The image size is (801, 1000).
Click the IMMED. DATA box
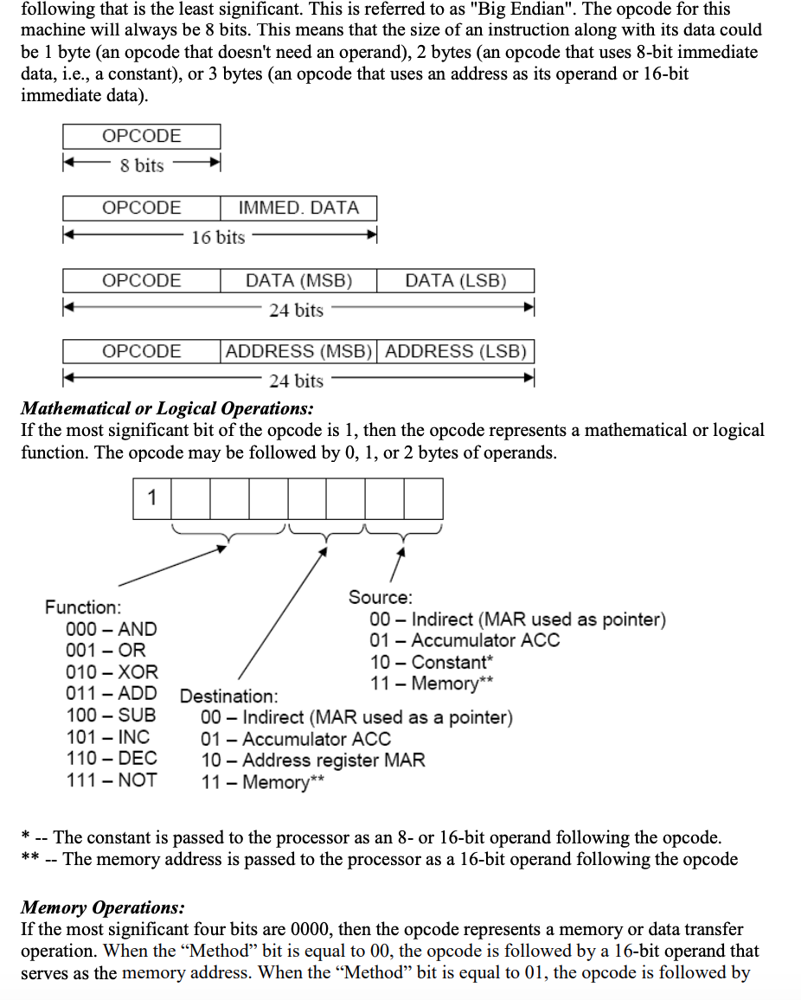298,208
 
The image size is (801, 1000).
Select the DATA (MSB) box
298,280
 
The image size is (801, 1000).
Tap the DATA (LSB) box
455,280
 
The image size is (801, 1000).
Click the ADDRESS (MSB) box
298,351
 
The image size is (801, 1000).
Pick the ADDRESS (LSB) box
455,351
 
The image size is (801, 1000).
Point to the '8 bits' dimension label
142,165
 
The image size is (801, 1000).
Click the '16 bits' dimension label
218,237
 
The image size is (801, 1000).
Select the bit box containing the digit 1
152,498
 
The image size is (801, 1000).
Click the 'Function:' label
83,607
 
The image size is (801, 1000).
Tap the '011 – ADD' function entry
112,693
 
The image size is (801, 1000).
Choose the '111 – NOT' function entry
112,779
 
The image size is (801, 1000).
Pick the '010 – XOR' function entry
112,671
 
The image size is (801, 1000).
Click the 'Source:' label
381,597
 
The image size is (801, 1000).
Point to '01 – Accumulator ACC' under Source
465,641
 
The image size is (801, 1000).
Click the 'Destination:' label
229,696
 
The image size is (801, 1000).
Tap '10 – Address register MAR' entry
313,760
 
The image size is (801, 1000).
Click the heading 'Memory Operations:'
102,907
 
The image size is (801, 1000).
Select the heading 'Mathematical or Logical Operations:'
167,407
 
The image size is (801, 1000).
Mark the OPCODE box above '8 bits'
142,137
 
